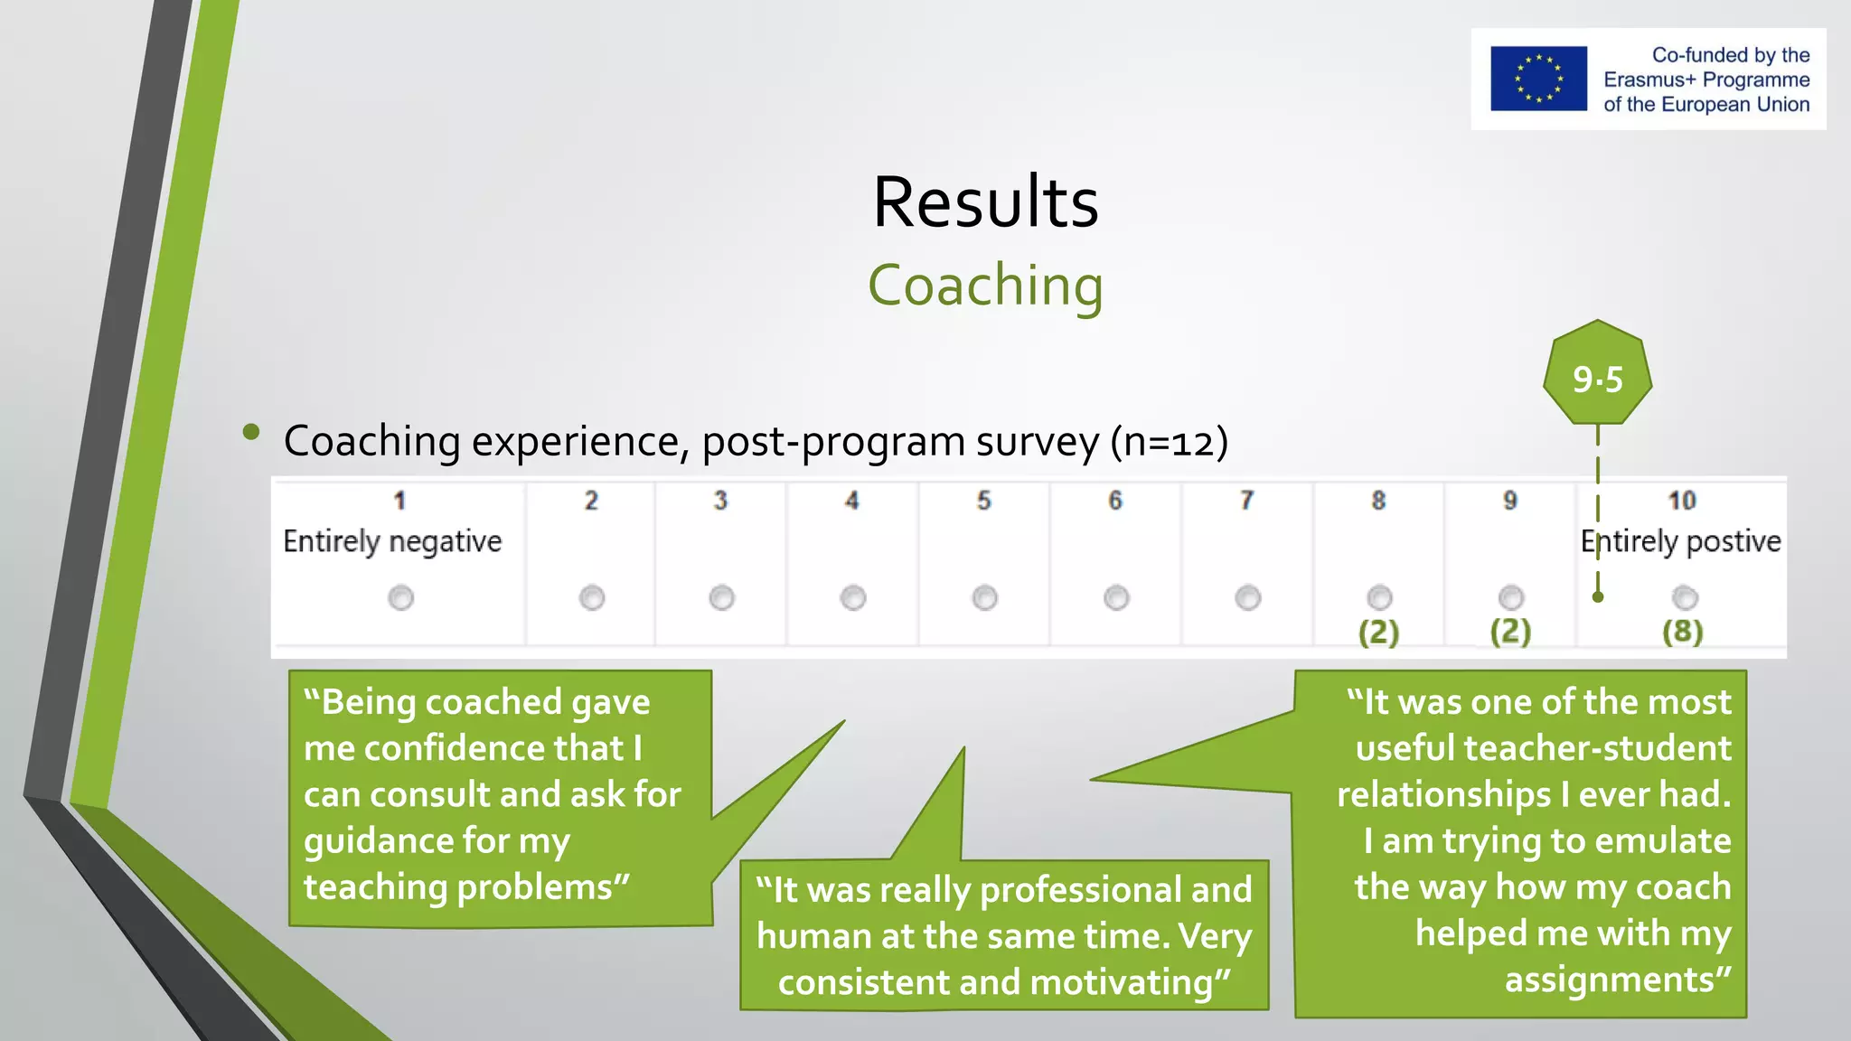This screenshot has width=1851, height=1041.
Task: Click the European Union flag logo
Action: [x=1538, y=79]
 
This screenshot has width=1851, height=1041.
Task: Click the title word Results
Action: [x=985, y=202]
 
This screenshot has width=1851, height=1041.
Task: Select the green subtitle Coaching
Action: [x=985, y=286]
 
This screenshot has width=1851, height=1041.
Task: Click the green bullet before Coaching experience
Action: [x=251, y=432]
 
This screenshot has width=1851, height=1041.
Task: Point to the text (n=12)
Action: [x=1169, y=442]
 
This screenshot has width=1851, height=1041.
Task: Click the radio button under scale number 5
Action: [x=984, y=597]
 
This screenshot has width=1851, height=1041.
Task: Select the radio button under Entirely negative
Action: [x=400, y=597]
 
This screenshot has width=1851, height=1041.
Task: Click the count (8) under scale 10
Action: [x=1682, y=631]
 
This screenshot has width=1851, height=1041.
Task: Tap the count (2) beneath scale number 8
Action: [x=1378, y=631]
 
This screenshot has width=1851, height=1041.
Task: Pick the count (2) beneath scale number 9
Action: [x=1510, y=631]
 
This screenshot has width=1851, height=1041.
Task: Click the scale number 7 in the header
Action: [x=1246, y=501]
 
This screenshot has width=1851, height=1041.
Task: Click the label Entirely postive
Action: [x=1680, y=541]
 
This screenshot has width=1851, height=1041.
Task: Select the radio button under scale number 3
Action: [x=721, y=597]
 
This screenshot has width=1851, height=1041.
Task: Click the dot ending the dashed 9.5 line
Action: [x=1598, y=596]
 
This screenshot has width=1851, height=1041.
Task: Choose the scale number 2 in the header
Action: [x=591, y=501]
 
